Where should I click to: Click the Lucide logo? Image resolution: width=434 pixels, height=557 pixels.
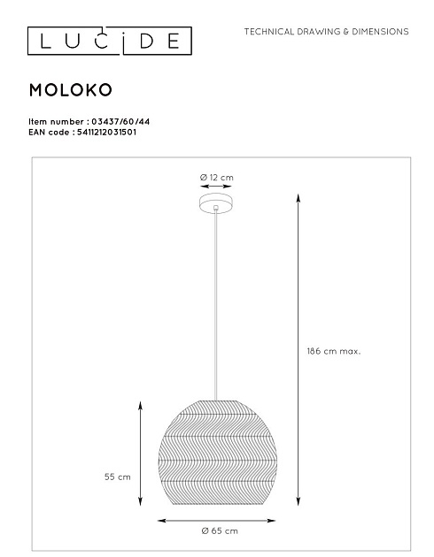tap(105, 40)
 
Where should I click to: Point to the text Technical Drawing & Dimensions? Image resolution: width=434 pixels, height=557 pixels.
tap(326, 31)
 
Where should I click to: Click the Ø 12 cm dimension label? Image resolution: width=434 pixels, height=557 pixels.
tap(217, 178)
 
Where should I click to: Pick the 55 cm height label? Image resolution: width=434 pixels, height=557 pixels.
tap(117, 477)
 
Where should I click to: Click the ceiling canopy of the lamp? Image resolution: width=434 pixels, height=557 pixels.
tap(216, 205)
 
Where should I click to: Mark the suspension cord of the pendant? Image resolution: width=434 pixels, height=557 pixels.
tap(216, 301)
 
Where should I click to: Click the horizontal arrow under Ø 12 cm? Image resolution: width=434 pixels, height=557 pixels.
tap(216, 187)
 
